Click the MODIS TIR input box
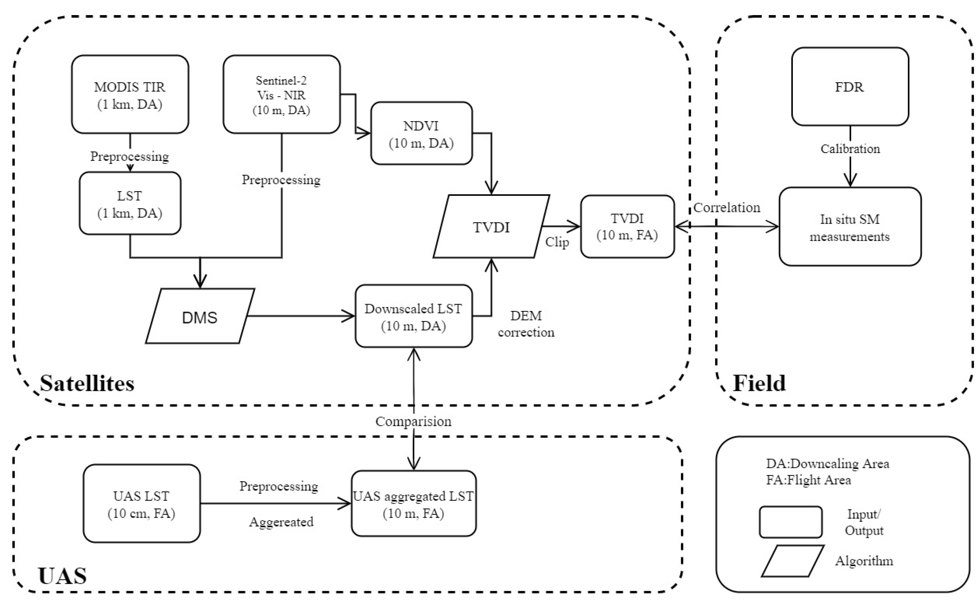[x=130, y=94]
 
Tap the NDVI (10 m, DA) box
[x=421, y=133]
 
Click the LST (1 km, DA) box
[x=130, y=203]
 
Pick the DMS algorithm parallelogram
[x=200, y=316]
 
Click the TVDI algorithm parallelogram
[x=491, y=226]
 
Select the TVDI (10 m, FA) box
[x=627, y=226]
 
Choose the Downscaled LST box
[x=413, y=316]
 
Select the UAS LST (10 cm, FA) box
[x=141, y=504]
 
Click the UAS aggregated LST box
[x=413, y=504]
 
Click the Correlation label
[x=726, y=207]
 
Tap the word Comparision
[x=413, y=421]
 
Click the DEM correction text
[x=526, y=324]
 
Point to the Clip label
[x=557, y=242]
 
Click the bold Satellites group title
[x=87, y=383]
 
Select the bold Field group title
[x=759, y=383]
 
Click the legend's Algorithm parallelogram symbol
[x=792, y=561]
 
